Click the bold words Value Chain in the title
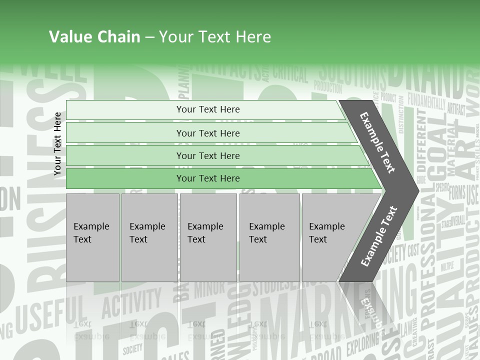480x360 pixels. [x=94, y=37]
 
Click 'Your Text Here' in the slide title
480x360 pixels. [x=215, y=37]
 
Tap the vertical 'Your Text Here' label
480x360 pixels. [x=57, y=143]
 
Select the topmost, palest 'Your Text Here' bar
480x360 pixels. [x=207, y=109]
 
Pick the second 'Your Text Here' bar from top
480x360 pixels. [x=207, y=133]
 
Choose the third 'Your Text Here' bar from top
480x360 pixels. [x=207, y=155]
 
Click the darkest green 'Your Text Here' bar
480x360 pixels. [x=207, y=178]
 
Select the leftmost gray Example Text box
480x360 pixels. [x=92, y=237]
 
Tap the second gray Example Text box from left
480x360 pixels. [x=149, y=237]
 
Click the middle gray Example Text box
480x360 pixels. [x=208, y=237]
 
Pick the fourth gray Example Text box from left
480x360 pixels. [x=269, y=237]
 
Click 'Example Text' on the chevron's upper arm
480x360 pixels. [x=377, y=142]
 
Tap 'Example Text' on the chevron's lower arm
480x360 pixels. [x=379, y=236]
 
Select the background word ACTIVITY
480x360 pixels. [x=131, y=303]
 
